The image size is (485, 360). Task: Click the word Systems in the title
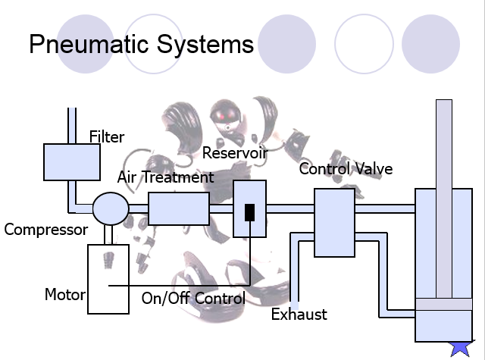point(204,44)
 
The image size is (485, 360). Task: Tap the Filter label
point(106,137)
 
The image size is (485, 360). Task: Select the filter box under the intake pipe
point(72,161)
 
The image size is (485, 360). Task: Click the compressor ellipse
point(111,207)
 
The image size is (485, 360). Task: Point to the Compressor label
point(46,229)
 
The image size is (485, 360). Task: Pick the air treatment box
point(179,208)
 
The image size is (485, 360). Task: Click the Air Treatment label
point(165,177)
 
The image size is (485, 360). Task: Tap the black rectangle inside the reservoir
point(249,211)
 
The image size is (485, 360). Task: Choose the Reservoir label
point(235,153)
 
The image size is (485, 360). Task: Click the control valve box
point(334,223)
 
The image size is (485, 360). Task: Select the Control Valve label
point(346,168)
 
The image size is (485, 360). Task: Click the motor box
point(108,278)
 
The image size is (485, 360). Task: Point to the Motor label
point(64,294)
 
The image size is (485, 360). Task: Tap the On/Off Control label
point(193,298)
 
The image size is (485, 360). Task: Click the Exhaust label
point(299,314)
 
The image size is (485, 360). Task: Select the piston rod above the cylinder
point(444,144)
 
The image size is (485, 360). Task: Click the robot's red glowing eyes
point(224,116)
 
